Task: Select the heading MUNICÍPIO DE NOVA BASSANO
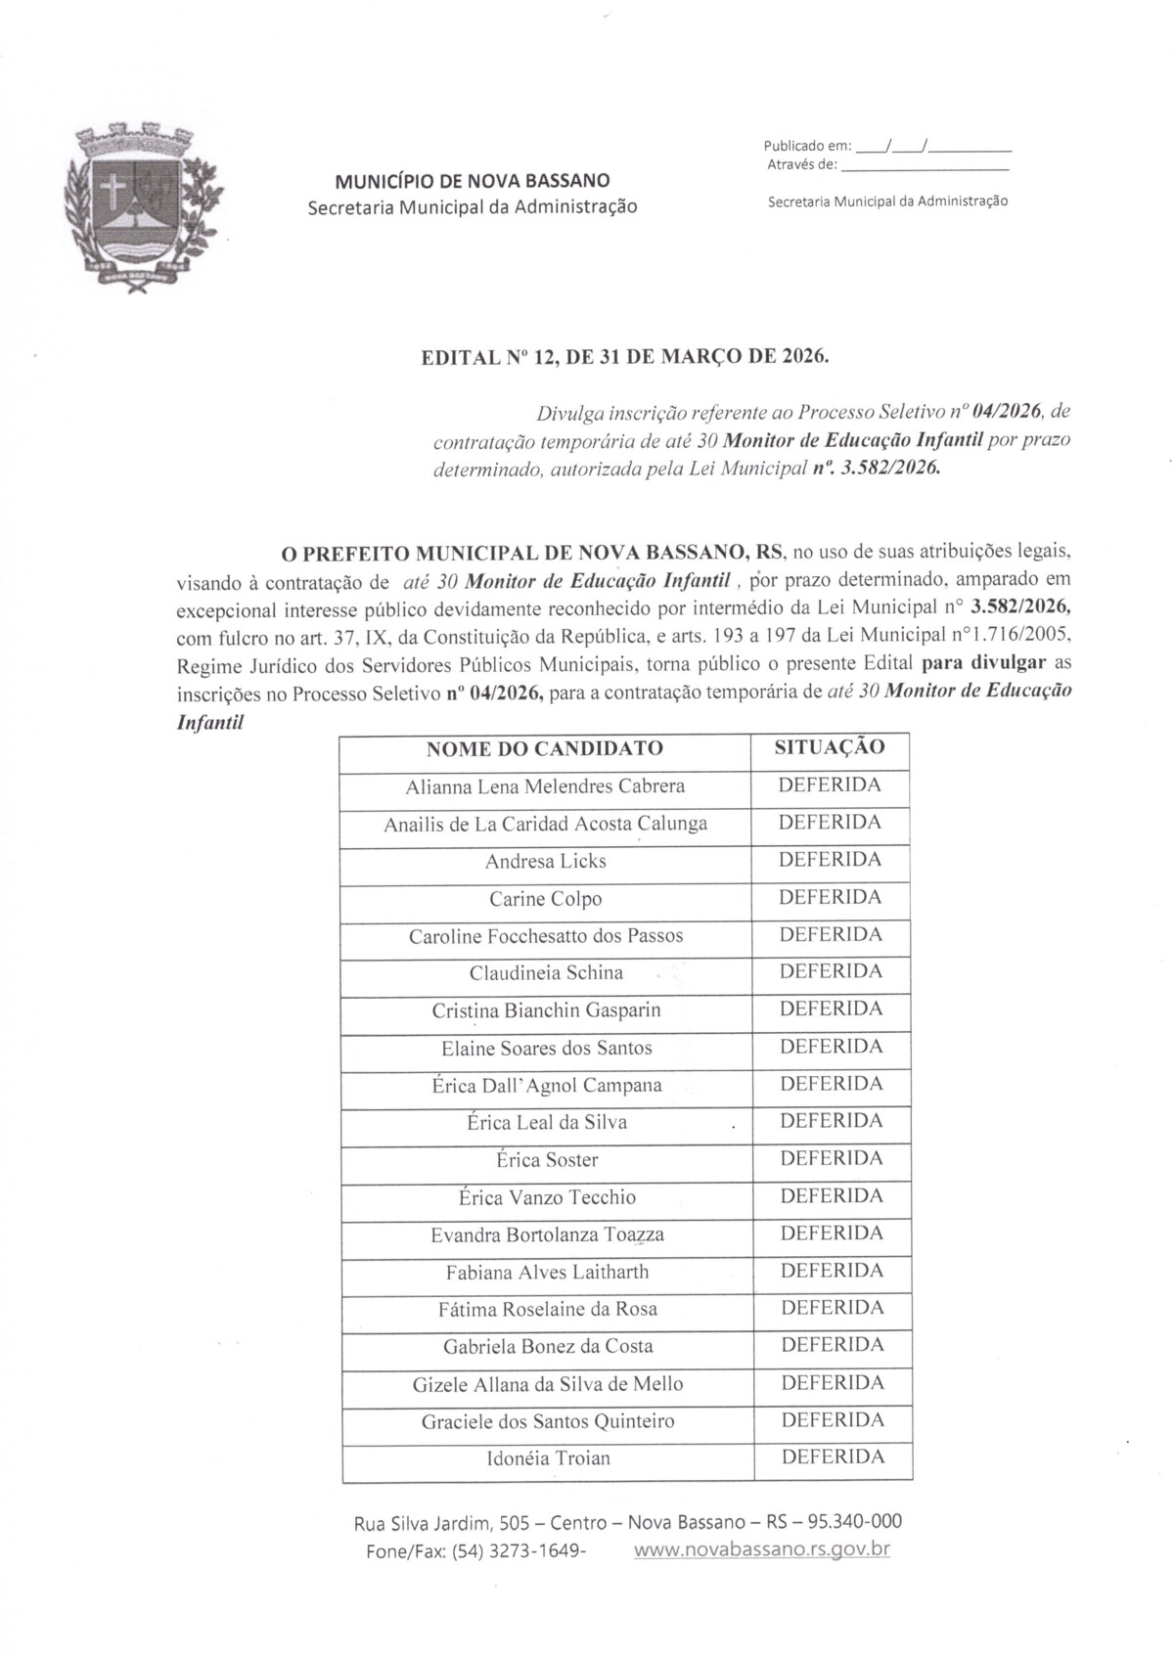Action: pyautogui.click(x=472, y=181)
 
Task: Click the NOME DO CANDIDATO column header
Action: pyautogui.click(x=545, y=749)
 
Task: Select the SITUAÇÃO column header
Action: pyautogui.click(x=830, y=747)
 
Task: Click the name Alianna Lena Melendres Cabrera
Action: pyautogui.click(x=545, y=786)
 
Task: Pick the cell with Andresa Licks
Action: pyautogui.click(x=545, y=862)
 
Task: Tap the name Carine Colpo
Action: pyautogui.click(x=545, y=899)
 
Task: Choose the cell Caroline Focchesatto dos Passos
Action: pyautogui.click(x=545, y=936)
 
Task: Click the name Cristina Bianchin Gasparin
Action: pyautogui.click(x=545, y=1010)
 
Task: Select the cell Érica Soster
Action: pyautogui.click(x=546, y=1160)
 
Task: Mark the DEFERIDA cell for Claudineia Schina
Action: pyautogui.click(x=831, y=971)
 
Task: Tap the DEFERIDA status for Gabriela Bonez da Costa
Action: pyautogui.click(x=832, y=1345)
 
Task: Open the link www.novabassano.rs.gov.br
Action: pyautogui.click(x=762, y=1550)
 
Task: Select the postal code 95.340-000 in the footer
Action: pyautogui.click(x=858, y=1522)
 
